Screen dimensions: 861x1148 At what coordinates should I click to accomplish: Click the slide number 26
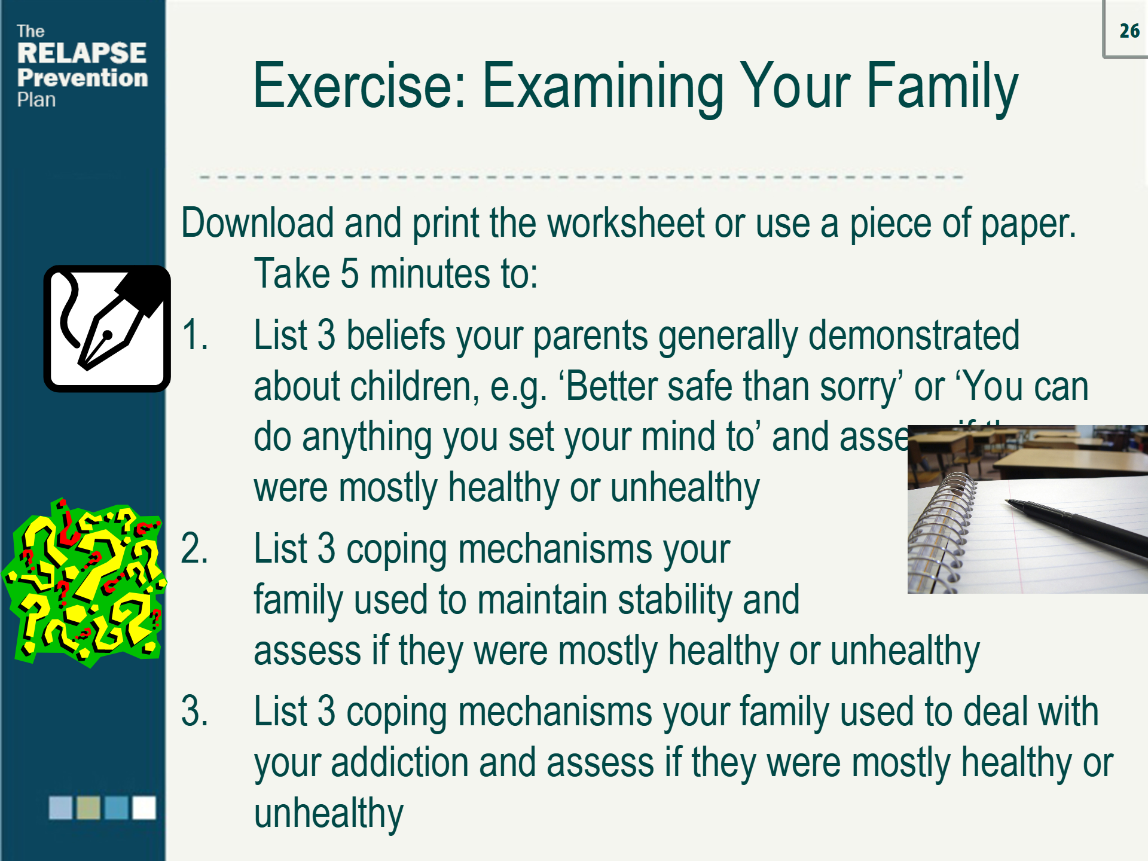(x=1129, y=30)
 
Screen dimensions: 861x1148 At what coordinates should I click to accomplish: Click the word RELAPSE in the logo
(x=81, y=53)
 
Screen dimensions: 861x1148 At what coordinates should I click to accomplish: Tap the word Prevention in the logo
(x=83, y=78)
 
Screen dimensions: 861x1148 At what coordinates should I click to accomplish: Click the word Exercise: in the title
(x=359, y=87)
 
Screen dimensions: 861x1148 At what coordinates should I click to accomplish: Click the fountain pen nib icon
(x=107, y=329)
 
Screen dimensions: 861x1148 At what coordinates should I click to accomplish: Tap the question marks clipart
(x=84, y=583)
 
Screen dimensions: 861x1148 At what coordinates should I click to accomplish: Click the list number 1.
(x=194, y=335)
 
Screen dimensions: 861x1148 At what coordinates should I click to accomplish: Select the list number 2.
(x=194, y=548)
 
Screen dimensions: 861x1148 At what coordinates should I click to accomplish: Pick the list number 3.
(x=194, y=712)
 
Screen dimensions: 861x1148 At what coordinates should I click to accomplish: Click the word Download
(x=257, y=224)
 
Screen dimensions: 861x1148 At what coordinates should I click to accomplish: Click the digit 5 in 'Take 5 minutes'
(x=349, y=274)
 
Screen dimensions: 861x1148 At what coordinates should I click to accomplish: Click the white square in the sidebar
(x=144, y=807)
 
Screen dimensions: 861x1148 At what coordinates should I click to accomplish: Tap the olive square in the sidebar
(x=88, y=807)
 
